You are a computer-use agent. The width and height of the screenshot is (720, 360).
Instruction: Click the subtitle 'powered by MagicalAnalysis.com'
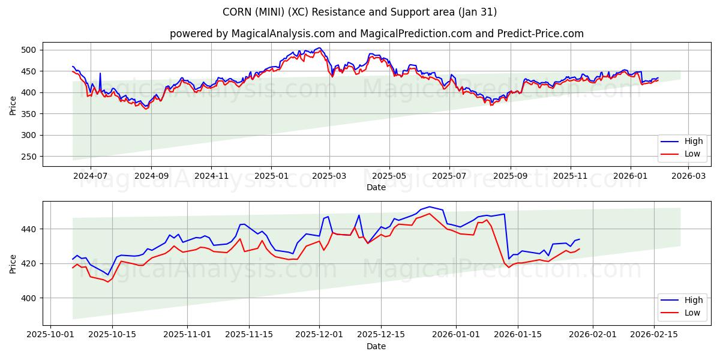(376, 34)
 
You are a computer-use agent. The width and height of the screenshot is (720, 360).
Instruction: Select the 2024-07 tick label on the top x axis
(91, 176)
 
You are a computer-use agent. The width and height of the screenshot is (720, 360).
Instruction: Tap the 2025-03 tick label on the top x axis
(329, 176)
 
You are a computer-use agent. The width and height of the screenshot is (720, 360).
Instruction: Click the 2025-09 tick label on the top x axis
(511, 176)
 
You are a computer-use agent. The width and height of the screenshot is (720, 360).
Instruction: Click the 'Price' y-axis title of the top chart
(13, 105)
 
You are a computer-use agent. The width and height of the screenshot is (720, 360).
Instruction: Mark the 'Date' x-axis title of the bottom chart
(376, 346)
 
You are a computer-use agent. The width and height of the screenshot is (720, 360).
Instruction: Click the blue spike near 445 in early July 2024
(100, 74)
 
